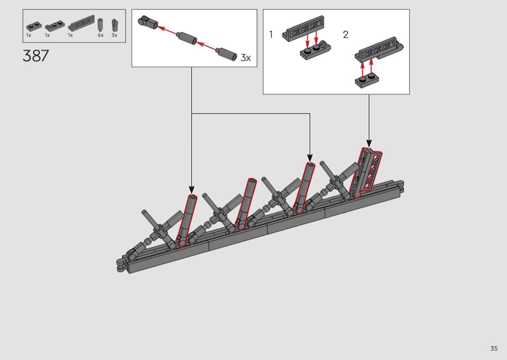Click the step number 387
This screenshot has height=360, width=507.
36,56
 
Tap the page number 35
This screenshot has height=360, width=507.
494,348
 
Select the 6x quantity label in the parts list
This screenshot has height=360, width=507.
100,35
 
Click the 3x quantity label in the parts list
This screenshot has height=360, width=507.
114,35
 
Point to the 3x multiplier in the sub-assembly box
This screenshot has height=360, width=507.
246,58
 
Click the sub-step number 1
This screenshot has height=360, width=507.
271,34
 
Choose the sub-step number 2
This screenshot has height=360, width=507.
346,34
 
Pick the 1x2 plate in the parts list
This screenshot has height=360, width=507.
33,26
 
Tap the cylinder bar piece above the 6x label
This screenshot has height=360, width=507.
100,24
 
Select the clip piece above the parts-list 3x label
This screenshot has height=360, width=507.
114,25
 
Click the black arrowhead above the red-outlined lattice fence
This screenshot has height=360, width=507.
369,143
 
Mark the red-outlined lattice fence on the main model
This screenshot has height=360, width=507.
366,173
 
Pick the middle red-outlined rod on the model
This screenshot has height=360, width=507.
246,204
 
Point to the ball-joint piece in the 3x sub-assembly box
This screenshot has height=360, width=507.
147,21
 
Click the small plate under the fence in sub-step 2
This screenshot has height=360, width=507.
366,81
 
